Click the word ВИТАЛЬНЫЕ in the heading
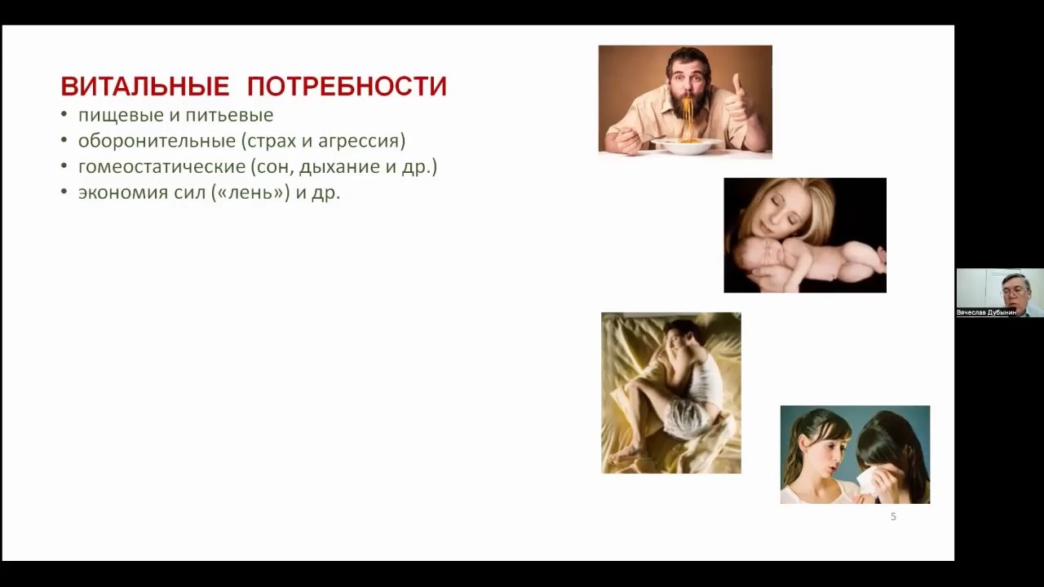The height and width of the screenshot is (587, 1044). tap(145, 86)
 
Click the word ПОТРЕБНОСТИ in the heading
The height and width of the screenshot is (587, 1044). tap(347, 86)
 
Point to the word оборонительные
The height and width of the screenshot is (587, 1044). tap(157, 141)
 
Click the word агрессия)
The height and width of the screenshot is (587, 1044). tap(361, 142)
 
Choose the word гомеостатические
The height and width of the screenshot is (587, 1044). tap(161, 167)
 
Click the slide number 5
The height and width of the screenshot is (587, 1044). tap(893, 517)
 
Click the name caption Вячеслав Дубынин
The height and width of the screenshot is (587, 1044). tap(986, 312)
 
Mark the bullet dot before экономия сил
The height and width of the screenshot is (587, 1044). tap(64, 192)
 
